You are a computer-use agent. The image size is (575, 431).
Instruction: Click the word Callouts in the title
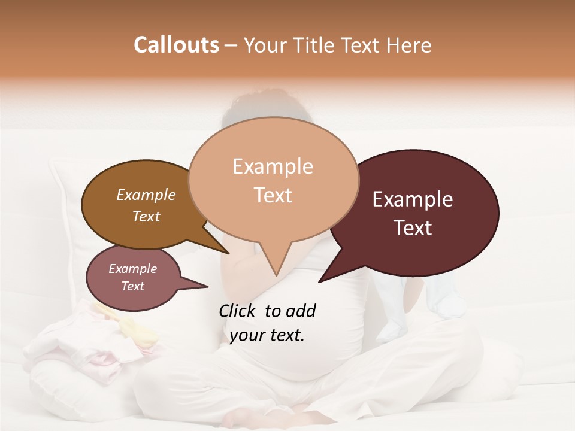point(176,45)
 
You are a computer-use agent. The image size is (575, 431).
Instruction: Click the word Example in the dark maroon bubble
point(413,199)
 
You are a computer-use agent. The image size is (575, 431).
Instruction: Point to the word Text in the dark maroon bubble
point(413,228)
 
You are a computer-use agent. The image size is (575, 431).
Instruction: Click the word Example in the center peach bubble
point(273,166)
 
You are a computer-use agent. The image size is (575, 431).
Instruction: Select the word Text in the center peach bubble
point(273,195)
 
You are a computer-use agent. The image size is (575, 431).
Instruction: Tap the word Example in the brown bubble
point(146,195)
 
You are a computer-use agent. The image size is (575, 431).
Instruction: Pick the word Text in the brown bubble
point(146,216)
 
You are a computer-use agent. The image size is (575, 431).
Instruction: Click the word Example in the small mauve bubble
point(133,269)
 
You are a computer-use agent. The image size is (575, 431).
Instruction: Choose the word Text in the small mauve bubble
point(133,286)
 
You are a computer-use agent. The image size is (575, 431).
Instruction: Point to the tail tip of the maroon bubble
point(320,281)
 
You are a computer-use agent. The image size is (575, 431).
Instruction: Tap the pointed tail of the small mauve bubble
point(207,287)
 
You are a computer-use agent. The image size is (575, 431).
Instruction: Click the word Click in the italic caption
point(238,311)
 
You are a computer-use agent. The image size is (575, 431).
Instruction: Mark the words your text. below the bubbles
point(267,335)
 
